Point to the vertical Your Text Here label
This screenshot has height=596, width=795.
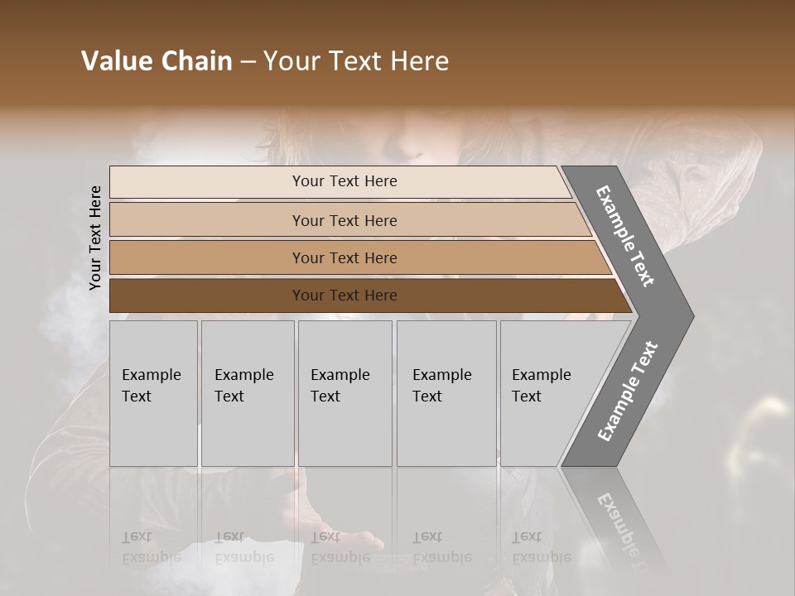95,238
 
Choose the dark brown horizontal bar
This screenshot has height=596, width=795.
207,296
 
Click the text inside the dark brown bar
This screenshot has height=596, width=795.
344,296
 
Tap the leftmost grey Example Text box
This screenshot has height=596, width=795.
153,393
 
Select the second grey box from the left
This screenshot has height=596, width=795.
248,393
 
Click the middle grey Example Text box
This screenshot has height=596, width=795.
344,393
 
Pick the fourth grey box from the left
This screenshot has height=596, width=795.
446,393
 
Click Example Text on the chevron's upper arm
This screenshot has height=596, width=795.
625,236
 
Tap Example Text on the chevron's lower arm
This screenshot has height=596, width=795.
627,392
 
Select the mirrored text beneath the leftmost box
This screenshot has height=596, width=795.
151,547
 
